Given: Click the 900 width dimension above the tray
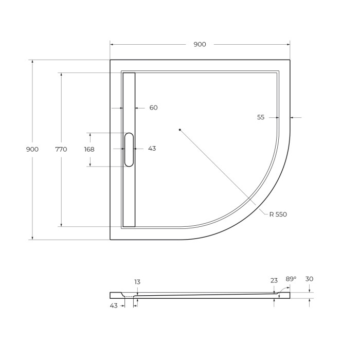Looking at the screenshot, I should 200,44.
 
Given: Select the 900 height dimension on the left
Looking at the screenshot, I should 32,149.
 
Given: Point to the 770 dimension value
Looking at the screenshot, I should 61,149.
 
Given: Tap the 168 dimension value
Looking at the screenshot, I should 89,149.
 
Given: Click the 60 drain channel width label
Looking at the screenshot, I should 153,108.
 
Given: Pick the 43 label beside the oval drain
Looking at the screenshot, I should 152,149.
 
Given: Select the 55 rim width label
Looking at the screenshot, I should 261,117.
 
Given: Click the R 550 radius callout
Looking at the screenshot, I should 278,214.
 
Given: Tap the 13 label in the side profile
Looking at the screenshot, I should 137,282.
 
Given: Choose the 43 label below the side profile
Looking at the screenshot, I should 114,305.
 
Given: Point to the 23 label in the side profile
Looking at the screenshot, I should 274,280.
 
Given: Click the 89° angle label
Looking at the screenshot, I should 291,279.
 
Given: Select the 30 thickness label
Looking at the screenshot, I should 309,279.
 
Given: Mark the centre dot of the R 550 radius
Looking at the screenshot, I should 179,130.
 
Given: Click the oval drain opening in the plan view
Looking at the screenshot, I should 129,149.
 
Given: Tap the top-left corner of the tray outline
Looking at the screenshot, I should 110,60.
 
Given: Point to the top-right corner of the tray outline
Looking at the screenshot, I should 290,60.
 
